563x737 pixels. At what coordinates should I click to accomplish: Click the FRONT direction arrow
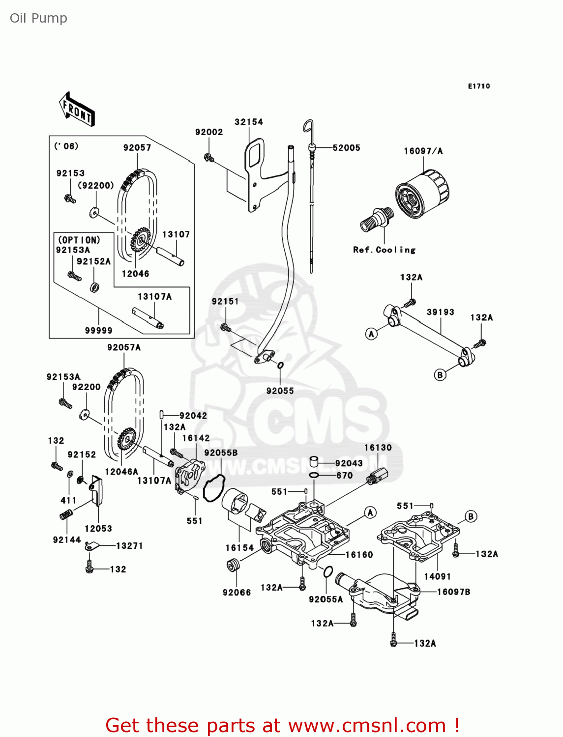pyautogui.click(x=77, y=109)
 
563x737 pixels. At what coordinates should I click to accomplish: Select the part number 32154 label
pyautogui.click(x=248, y=122)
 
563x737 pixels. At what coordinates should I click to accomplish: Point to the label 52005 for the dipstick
pyautogui.click(x=346, y=148)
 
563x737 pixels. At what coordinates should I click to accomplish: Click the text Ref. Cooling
pyautogui.click(x=384, y=250)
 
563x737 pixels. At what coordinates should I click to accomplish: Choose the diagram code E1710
pyautogui.click(x=478, y=86)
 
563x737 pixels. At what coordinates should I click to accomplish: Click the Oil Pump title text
pyautogui.click(x=38, y=18)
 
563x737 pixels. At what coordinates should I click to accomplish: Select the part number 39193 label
pyautogui.click(x=440, y=312)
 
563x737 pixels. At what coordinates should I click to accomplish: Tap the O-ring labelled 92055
pyautogui.click(x=280, y=366)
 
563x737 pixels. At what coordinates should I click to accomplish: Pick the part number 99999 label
pyautogui.click(x=98, y=331)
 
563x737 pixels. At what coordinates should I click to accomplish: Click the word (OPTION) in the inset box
pyautogui.click(x=79, y=240)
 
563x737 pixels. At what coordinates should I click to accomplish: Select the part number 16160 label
pyautogui.click(x=359, y=555)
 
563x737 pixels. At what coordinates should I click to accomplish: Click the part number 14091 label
pyautogui.click(x=437, y=576)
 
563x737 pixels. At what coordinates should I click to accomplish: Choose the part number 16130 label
pyautogui.click(x=378, y=448)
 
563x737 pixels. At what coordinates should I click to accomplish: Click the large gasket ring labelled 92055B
pyautogui.click(x=214, y=488)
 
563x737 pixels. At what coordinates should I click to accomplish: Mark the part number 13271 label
pyautogui.click(x=129, y=546)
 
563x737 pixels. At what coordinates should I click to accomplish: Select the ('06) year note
pyautogui.click(x=66, y=146)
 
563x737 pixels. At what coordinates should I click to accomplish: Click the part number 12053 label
pyautogui.click(x=98, y=529)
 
